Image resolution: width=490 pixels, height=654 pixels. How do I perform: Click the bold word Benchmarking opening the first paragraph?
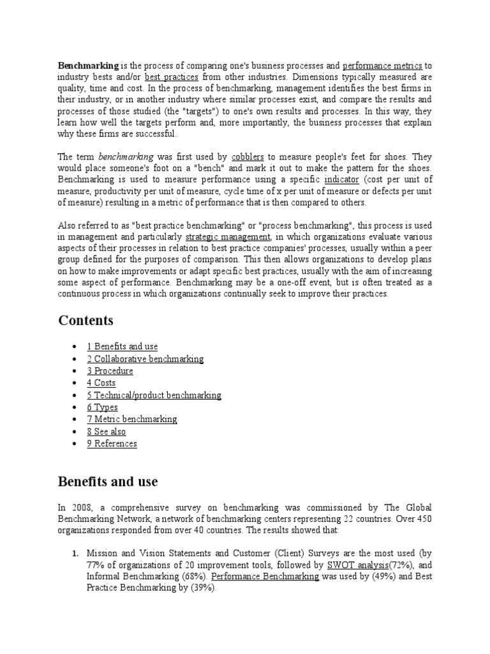click(88, 65)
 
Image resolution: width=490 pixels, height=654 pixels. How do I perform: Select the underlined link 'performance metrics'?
click(382, 65)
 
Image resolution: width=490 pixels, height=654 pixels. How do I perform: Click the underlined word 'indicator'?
click(342, 179)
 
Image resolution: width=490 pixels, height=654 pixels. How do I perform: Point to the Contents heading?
click(86, 320)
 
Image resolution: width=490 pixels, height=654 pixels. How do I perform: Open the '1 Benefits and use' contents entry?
click(122, 347)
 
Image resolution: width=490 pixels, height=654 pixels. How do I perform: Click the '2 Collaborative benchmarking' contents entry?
click(145, 359)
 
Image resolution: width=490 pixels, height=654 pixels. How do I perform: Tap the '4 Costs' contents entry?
click(101, 383)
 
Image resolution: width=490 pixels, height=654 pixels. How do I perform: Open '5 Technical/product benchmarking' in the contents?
click(154, 395)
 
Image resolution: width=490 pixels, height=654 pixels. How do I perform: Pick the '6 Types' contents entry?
click(102, 407)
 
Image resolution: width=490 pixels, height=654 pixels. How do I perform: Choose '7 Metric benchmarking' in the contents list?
click(131, 420)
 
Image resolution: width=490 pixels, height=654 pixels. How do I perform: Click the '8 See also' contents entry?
click(106, 432)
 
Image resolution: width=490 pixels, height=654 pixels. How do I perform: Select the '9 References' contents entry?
click(112, 444)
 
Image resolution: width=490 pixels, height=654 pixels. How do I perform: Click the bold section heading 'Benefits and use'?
click(108, 481)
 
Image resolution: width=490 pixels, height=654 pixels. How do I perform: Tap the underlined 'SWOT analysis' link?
click(355, 565)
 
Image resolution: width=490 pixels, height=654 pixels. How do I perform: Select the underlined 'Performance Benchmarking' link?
click(265, 576)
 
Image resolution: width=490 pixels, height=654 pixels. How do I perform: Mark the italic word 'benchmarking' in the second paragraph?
click(126, 156)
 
